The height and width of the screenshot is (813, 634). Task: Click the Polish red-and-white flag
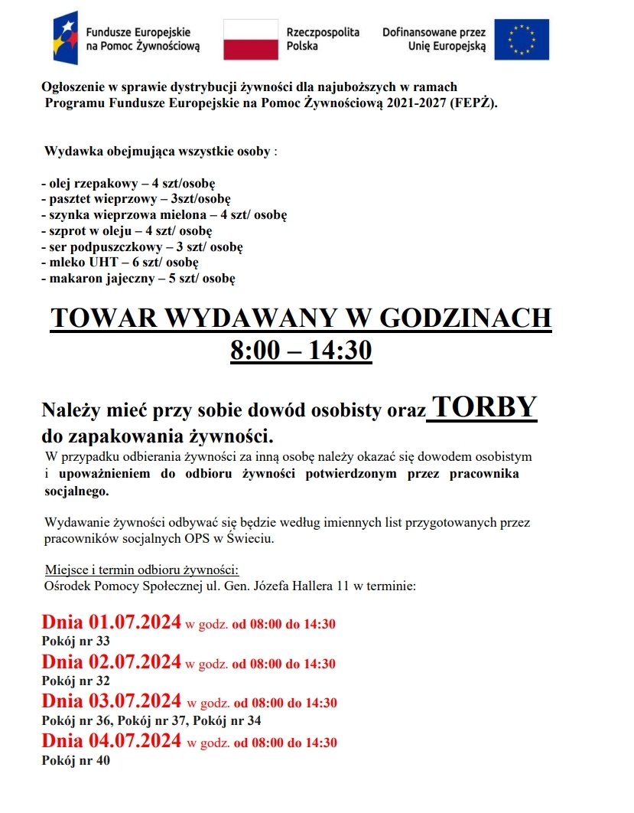250,40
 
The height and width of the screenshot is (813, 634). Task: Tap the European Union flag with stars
521,40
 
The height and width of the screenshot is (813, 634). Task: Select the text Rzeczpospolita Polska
311,40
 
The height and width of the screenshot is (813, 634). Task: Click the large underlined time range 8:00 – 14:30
301,351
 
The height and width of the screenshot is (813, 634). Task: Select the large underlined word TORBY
483,407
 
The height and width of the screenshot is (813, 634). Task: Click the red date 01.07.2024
135,622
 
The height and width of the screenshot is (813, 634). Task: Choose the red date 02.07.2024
135,661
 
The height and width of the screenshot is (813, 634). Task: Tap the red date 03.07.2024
135,700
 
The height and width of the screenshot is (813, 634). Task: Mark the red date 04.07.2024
135,740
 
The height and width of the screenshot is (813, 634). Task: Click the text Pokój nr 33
76,642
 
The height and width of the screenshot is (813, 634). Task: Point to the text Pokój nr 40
76,761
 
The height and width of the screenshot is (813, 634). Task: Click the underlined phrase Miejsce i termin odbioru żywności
142,570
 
